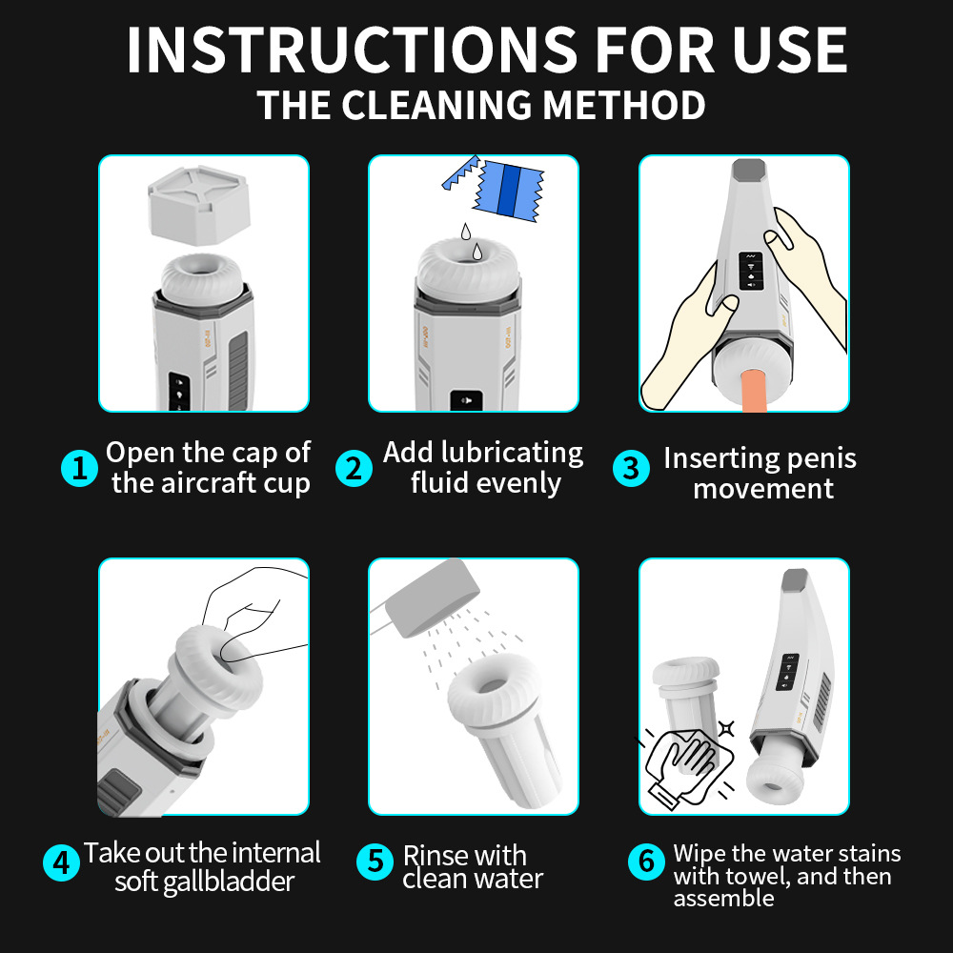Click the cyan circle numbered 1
coord(80,469)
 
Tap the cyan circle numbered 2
coord(354,469)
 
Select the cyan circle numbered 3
coord(631,469)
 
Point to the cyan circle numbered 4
coord(61,862)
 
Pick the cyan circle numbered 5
coord(375,862)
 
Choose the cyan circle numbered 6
coord(646,862)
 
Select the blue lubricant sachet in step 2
coord(509,191)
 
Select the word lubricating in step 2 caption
coord(513,453)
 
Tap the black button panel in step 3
coord(751,271)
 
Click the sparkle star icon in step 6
coord(726,727)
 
